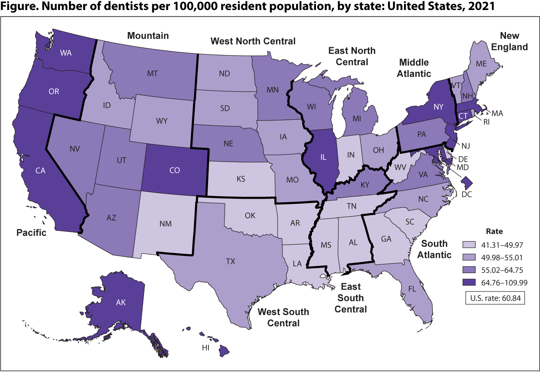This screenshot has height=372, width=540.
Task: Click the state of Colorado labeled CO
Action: coord(175,170)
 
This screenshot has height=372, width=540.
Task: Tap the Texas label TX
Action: coord(230,261)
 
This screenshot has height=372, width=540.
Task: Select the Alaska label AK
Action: coord(121,302)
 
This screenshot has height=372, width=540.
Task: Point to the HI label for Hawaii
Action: coord(206,348)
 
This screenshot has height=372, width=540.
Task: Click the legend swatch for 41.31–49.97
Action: coord(469,245)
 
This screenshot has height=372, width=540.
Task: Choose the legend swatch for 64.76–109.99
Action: coord(469,282)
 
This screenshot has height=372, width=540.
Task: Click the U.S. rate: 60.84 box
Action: coord(495,298)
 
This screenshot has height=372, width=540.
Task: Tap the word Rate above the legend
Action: coord(494,231)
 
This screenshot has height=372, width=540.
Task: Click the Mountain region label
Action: coord(148,36)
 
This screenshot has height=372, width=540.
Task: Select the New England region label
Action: coord(510,41)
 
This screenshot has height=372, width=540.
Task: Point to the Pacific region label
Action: coord(31,233)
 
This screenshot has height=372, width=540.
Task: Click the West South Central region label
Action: coord(283,317)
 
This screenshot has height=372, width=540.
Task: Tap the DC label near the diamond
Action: coord(467,194)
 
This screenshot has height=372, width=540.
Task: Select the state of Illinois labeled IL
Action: coord(323,157)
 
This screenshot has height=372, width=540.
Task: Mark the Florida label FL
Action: coord(412,289)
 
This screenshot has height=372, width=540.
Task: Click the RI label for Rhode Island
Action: coord(486,122)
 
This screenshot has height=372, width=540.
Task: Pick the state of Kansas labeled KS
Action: coord(241,179)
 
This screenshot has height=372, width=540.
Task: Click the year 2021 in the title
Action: coord(479,6)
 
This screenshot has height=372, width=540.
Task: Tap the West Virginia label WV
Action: coord(400,167)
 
